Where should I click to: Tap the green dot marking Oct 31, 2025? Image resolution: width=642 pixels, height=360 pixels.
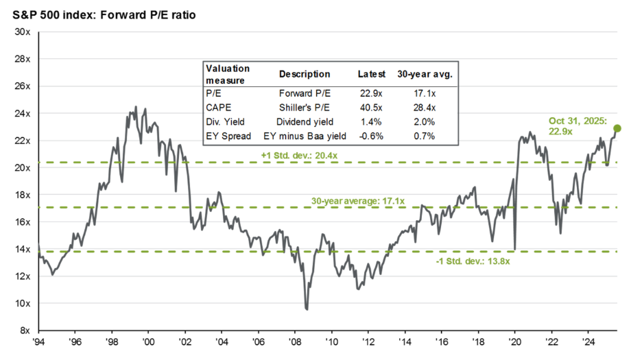[x=617, y=128]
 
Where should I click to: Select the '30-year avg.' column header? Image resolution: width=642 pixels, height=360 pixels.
[x=424, y=74]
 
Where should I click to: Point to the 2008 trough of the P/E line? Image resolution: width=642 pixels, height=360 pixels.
[x=307, y=309]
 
